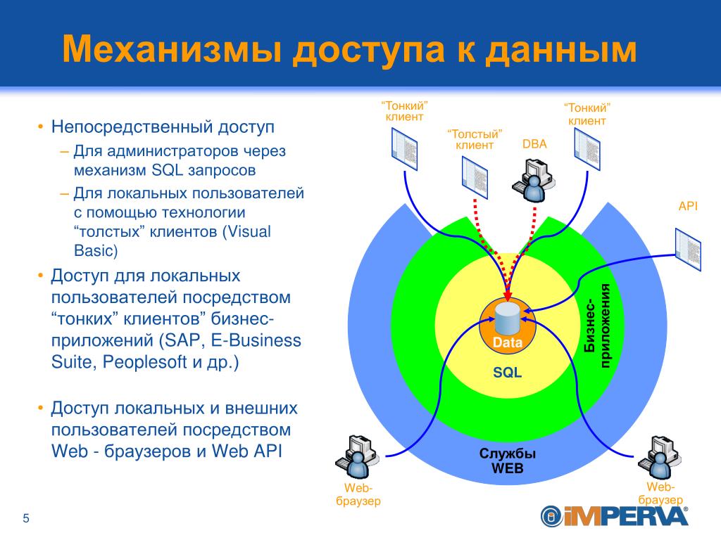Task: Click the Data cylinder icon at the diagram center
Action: coord(507,320)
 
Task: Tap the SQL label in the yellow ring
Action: coord(507,373)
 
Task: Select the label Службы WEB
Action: coord(507,461)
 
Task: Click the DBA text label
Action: coord(534,145)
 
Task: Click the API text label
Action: coord(687,206)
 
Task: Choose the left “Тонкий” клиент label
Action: coord(404,111)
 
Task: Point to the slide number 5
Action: coord(26,519)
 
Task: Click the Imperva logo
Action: coord(614,516)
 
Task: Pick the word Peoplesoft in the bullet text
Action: coord(146,363)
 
